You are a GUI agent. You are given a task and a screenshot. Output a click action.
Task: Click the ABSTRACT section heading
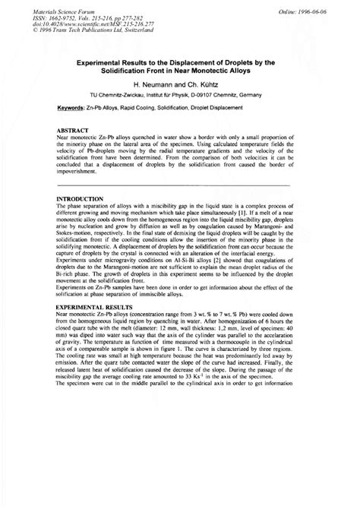[x=74, y=131]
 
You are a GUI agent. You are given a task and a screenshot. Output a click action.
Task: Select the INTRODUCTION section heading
[x=81, y=198]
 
